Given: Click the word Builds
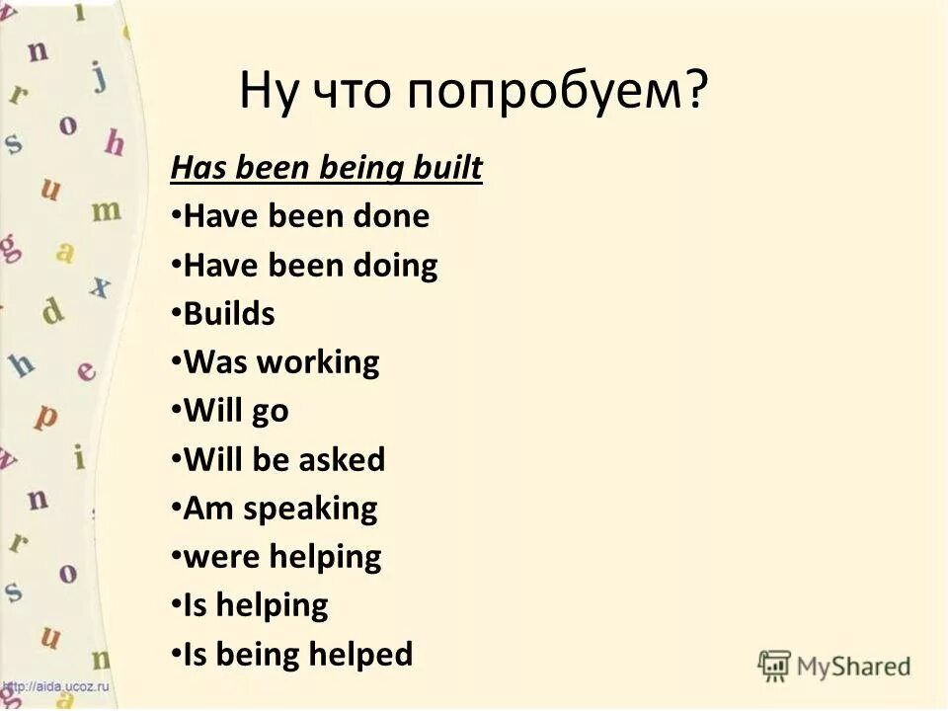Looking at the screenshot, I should (x=229, y=314).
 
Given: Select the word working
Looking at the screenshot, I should (x=318, y=362).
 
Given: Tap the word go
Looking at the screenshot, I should (x=270, y=412).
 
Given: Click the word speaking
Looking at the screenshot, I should (x=310, y=510).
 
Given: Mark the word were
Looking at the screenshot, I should (x=213, y=558).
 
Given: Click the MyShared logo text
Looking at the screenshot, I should (x=851, y=666).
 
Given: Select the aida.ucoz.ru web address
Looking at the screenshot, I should (x=56, y=686).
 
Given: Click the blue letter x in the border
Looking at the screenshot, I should (x=100, y=286).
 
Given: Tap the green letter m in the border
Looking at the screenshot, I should (x=107, y=208).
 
